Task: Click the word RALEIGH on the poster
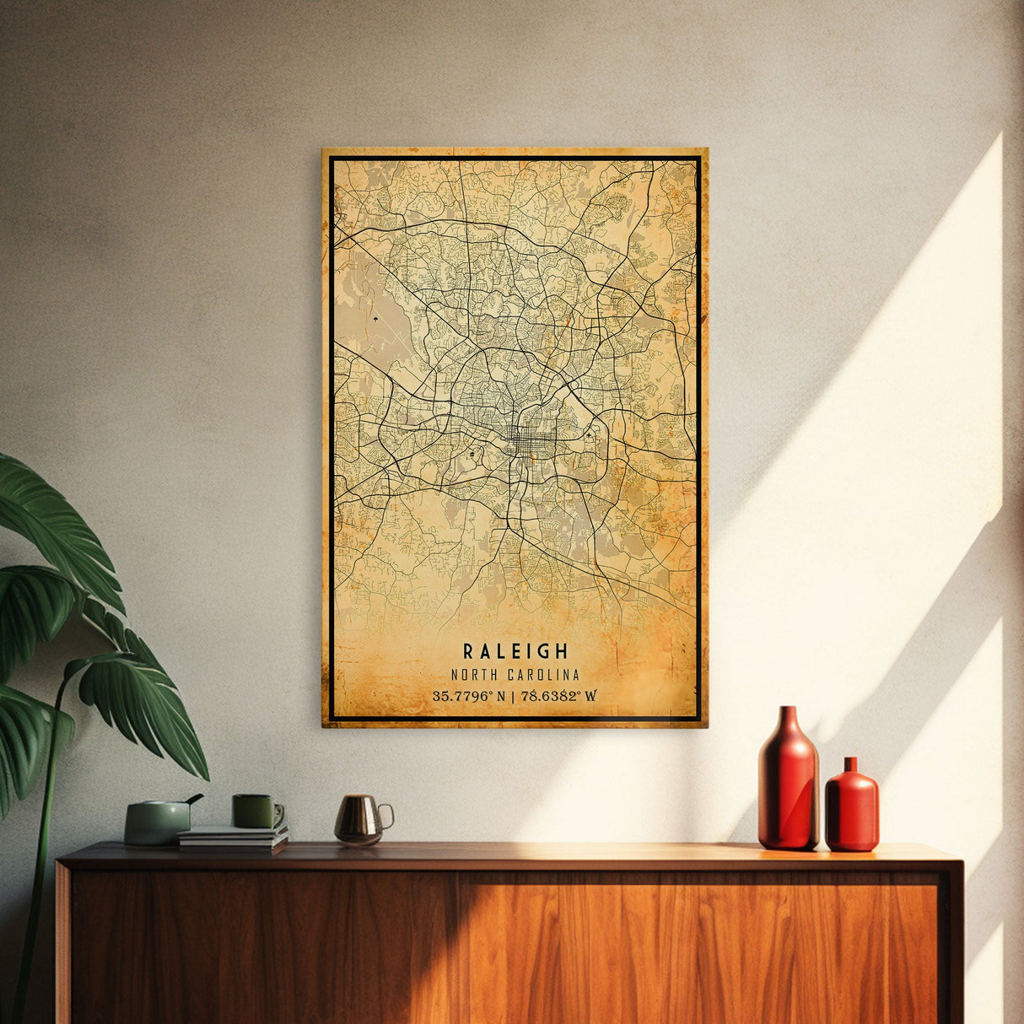[x=515, y=651]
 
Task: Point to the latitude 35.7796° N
[x=469, y=696]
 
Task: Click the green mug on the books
[x=255, y=811]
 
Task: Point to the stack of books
[x=233, y=838]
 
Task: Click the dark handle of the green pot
[x=195, y=798]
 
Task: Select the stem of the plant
[x=42, y=843]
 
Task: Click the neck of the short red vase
[x=850, y=766]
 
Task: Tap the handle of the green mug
[x=278, y=814]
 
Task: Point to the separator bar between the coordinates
[x=514, y=696]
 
